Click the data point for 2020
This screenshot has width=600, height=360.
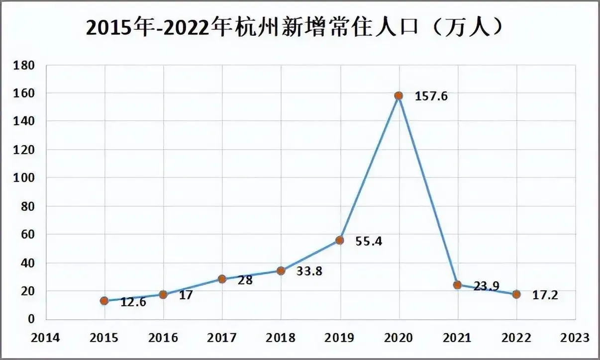(x=399, y=95)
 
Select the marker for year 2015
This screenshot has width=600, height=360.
(x=104, y=300)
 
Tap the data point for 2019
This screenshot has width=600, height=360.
(x=340, y=240)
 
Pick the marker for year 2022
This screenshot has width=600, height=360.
(x=516, y=294)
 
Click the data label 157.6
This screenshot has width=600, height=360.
(x=431, y=96)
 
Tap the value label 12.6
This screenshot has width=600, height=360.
(x=132, y=302)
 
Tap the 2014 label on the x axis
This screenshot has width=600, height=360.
(x=45, y=338)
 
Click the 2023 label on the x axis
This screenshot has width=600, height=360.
(x=575, y=338)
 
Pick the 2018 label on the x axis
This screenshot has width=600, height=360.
(x=281, y=338)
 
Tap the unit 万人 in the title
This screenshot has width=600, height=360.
(x=469, y=27)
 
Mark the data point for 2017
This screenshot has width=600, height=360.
(x=222, y=279)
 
